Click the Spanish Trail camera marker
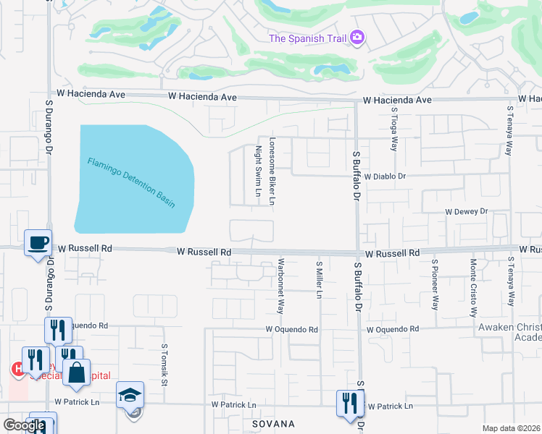point(357,38)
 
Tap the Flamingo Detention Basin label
point(132,182)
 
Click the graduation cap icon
point(130,395)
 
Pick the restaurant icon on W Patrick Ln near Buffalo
point(350,403)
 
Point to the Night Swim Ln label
point(258,171)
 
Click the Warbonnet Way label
point(280,286)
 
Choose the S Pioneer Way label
point(435,285)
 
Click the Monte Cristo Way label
point(472,289)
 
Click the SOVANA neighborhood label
point(273,423)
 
